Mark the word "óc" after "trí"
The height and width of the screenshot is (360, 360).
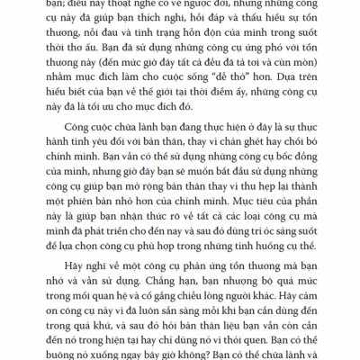pyautogui.click(x=244, y=263)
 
